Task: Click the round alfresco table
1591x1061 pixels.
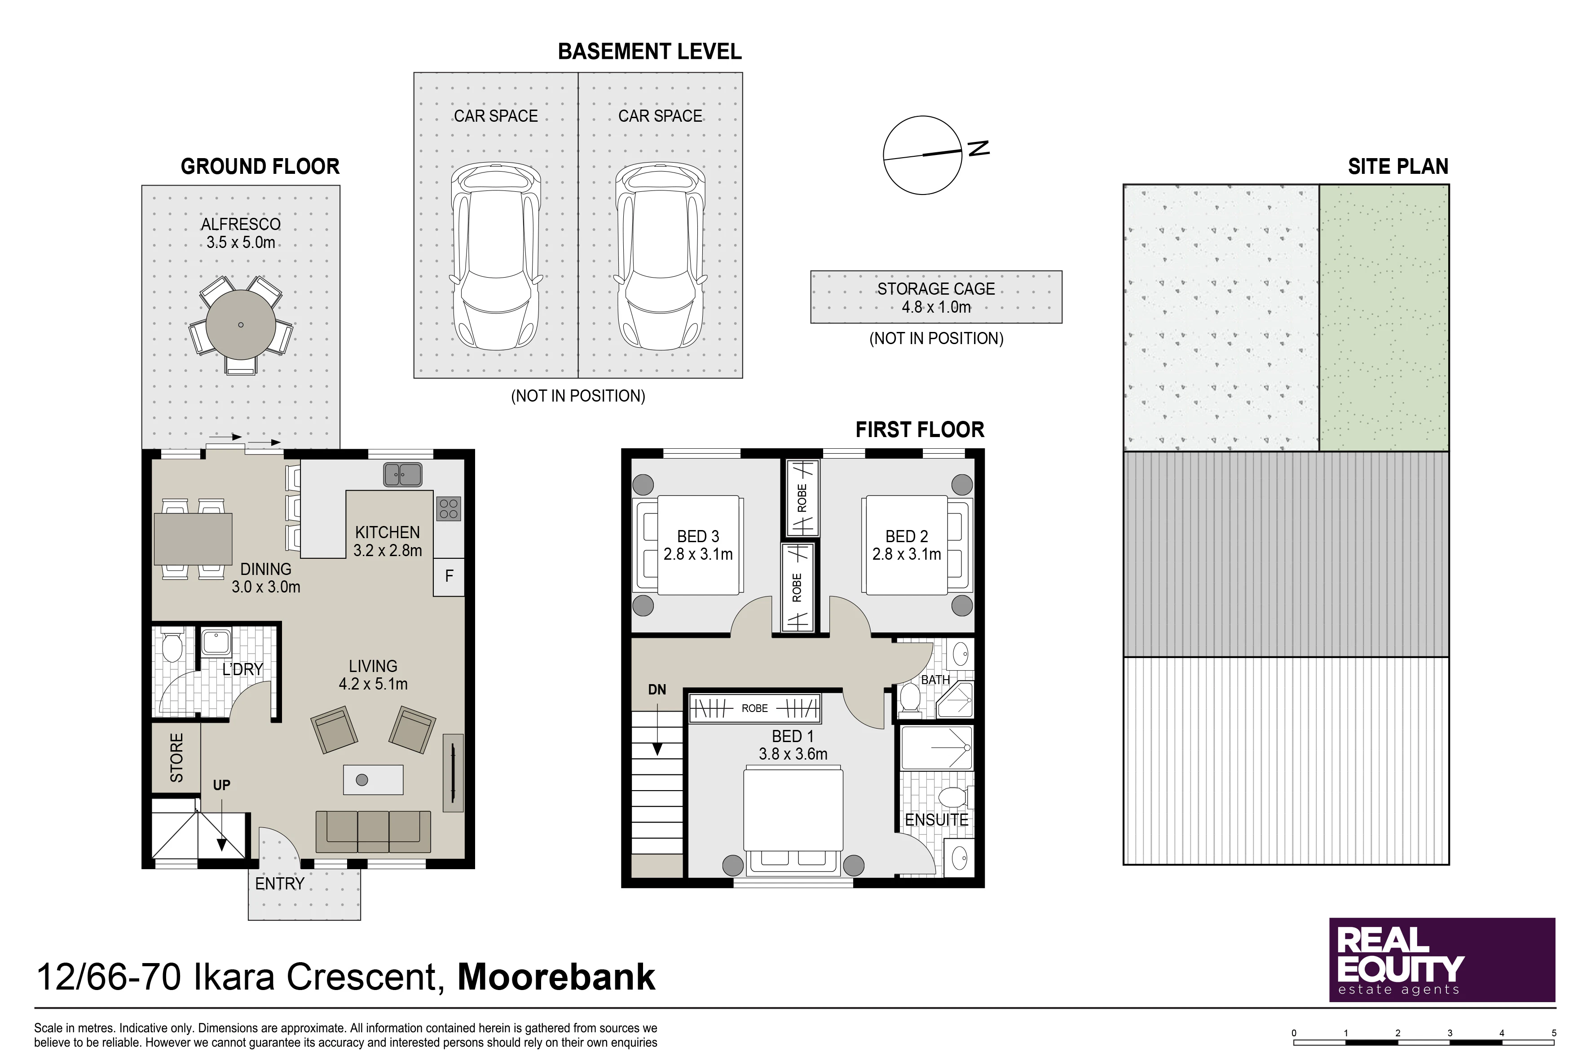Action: click(x=241, y=325)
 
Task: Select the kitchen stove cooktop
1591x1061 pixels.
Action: click(x=449, y=508)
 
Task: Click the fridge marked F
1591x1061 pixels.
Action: click(x=449, y=576)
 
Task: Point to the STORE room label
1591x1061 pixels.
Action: click(x=176, y=758)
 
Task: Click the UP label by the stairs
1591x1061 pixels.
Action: click(x=222, y=785)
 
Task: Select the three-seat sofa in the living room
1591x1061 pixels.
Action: click(x=374, y=831)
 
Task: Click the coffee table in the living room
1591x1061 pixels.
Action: click(x=374, y=779)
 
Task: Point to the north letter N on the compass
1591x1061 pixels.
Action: click(x=979, y=148)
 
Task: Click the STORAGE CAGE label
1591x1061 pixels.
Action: click(x=936, y=289)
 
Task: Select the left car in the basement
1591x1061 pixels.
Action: click(x=496, y=256)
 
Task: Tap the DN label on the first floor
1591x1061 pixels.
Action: click(x=657, y=690)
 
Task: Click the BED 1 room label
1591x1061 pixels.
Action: click(x=793, y=736)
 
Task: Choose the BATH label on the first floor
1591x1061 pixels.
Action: click(x=935, y=679)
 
